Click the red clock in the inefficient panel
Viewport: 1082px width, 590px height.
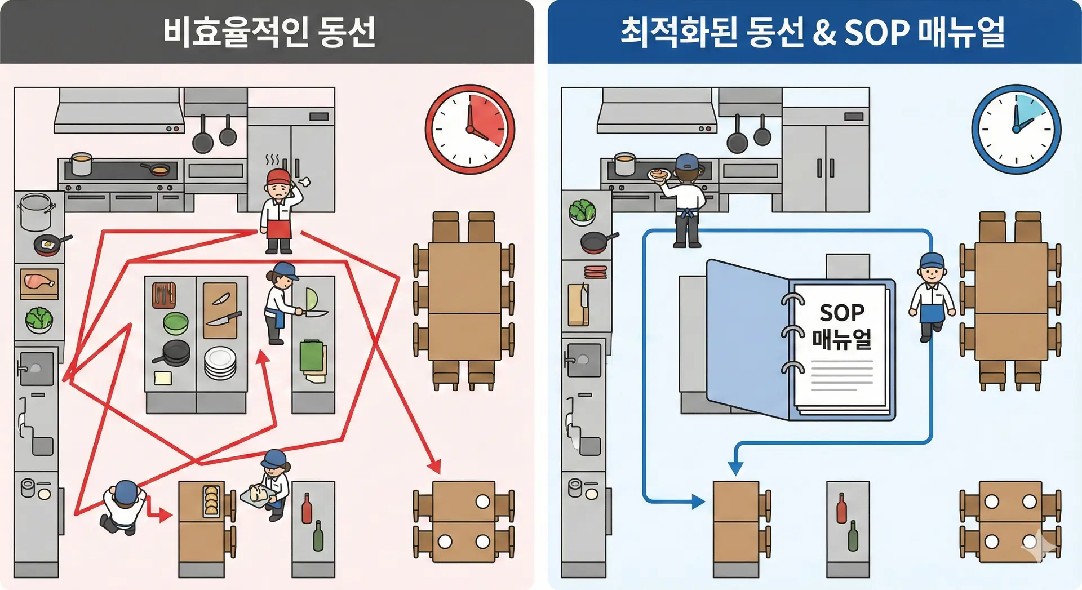469,129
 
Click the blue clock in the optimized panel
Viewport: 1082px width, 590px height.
1016,129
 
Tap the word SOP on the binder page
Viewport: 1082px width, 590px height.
842,312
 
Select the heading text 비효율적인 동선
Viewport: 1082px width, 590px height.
269,32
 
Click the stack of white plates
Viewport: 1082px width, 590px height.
220,363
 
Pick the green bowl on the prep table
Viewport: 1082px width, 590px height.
175,323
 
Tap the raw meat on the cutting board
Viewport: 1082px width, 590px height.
38,282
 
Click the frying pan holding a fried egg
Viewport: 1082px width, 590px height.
48,245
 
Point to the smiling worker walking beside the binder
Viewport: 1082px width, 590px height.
931,296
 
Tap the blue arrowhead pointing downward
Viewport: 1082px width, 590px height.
735,468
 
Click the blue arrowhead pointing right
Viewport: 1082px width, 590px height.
698,501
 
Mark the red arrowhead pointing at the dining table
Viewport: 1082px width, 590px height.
434,467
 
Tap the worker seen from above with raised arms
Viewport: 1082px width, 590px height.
123,505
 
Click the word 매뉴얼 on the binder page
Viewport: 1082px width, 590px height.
842,339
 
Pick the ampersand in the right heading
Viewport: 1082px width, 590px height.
824,32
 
